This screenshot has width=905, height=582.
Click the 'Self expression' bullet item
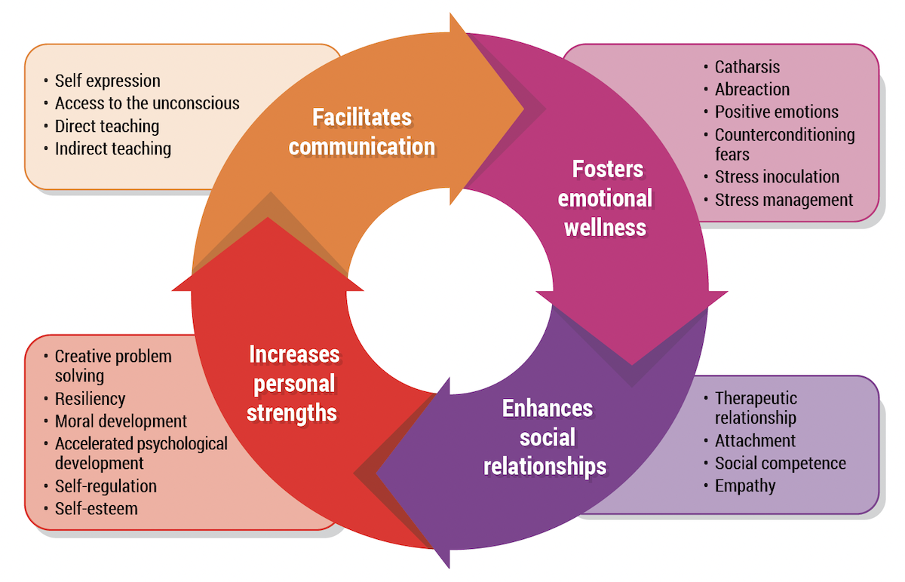coord(107,81)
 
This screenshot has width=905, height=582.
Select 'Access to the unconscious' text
coord(147,103)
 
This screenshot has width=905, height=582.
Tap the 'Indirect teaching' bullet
coord(113,149)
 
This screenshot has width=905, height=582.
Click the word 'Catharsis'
coord(747,67)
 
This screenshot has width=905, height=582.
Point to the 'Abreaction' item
coord(752,89)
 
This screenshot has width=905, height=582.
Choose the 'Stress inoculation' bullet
coord(777,177)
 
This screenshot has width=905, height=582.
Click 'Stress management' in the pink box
coord(784,200)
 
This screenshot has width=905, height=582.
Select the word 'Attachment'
coord(755,441)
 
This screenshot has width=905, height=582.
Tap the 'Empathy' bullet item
coord(744,486)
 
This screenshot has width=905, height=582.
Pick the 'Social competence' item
coord(780,464)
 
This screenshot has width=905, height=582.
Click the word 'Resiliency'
coord(90,399)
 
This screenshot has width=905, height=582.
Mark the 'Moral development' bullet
coord(121,421)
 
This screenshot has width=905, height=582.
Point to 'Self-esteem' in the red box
coord(96,508)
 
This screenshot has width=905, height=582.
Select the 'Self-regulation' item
coord(106,486)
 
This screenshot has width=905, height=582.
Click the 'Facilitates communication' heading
coord(362,132)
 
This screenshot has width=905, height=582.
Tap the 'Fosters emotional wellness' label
coord(607,198)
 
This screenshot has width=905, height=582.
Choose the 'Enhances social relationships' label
coord(545,437)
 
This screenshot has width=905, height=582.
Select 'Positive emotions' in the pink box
coord(776,112)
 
